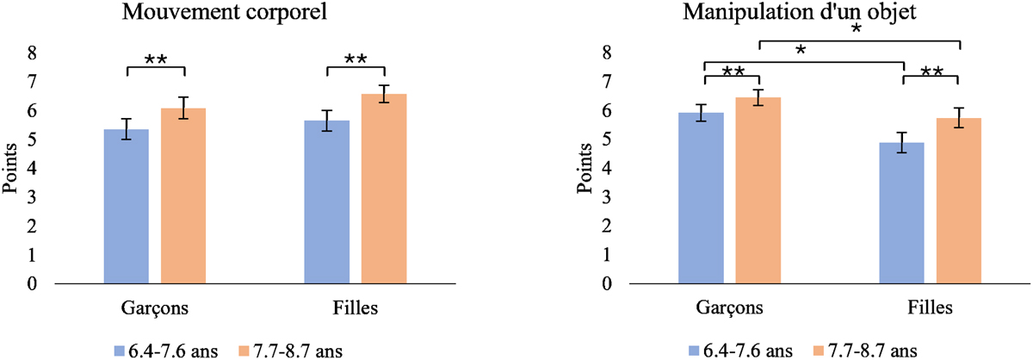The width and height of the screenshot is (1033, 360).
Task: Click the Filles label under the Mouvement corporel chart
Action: [x=356, y=307]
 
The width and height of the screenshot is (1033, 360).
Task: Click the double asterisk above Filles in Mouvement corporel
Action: [x=356, y=59]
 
